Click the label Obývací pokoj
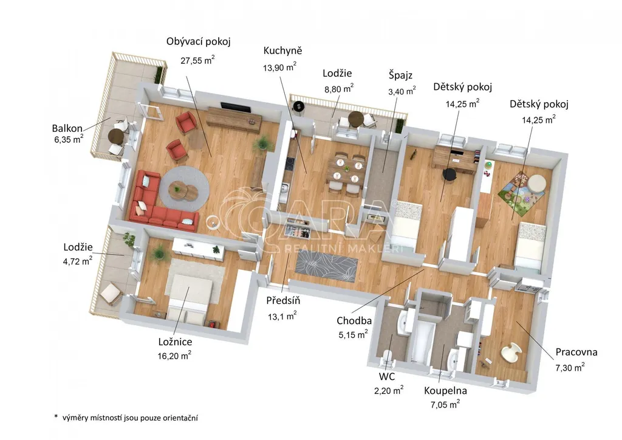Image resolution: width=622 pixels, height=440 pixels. pyautogui.click(x=199, y=42)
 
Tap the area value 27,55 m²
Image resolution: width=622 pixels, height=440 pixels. pyautogui.click(x=197, y=60)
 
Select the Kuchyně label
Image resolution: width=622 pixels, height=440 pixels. pyautogui.click(x=283, y=51)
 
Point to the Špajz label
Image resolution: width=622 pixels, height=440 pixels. pyautogui.click(x=400, y=75)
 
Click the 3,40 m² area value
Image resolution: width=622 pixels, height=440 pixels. pyautogui.click(x=402, y=91)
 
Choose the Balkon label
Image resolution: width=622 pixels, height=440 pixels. pyautogui.click(x=67, y=128)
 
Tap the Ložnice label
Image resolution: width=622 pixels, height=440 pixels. pyautogui.click(x=175, y=342)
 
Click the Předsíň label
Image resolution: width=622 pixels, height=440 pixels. pyautogui.click(x=283, y=300)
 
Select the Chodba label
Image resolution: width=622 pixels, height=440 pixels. pyautogui.click(x=354, y=320)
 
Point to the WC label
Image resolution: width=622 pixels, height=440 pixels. pyautogui.click(x=387, y=376)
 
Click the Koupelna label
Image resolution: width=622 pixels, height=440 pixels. pyautogui.click(x=445, y=391)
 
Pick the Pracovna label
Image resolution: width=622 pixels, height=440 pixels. pyautogui.click(x=576, y=352)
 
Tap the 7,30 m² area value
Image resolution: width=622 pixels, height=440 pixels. pyautogui.click(x=570, y=368)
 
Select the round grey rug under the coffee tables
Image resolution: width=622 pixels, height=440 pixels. pyautogui.click(x=185, y=189)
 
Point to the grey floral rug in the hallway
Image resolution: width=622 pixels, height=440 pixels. pyautogui.click(x=326, y=267)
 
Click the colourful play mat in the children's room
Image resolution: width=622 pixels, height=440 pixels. pyautogui.click(x=521, y=191)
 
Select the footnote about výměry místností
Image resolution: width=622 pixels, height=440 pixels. pyautogui.click(x=126, y=418)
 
